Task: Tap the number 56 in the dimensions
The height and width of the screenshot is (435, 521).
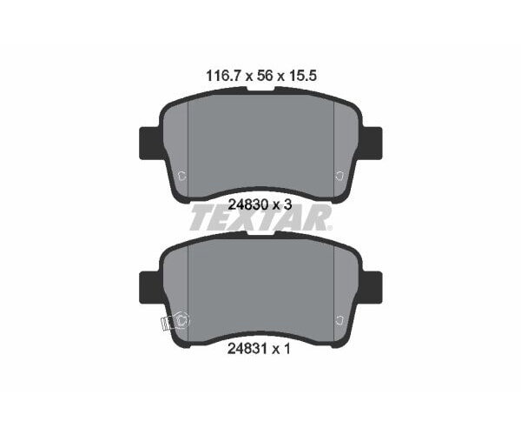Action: click(x=265, y=77)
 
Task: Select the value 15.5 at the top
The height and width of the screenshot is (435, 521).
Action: click(x=302, y=77)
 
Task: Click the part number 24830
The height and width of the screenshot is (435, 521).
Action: click(x=248, y=204)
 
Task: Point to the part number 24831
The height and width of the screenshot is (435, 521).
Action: click(x=247, y=349)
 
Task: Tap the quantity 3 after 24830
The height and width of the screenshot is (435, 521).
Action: click(x=287, y=204)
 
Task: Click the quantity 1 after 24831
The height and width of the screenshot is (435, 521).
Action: click(x=287, y=349)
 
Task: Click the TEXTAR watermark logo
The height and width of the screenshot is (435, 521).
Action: click(x=260, y=217)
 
